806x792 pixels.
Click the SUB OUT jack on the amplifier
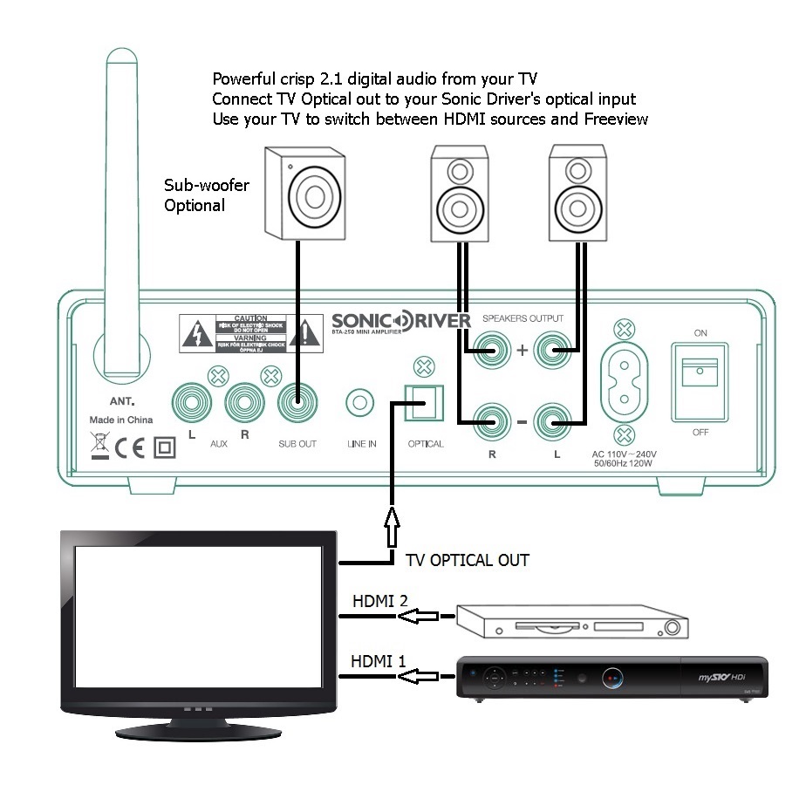click(297, 404)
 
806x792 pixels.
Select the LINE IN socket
click(360, 404)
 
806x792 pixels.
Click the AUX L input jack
click(193, 404)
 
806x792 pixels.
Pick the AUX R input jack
click(245, 404)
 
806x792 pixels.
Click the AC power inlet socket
click(624, 383)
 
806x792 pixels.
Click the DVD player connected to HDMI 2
click(571, 622)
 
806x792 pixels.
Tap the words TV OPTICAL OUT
click(468, 560)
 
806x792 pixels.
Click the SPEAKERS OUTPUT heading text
click(523, 318)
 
